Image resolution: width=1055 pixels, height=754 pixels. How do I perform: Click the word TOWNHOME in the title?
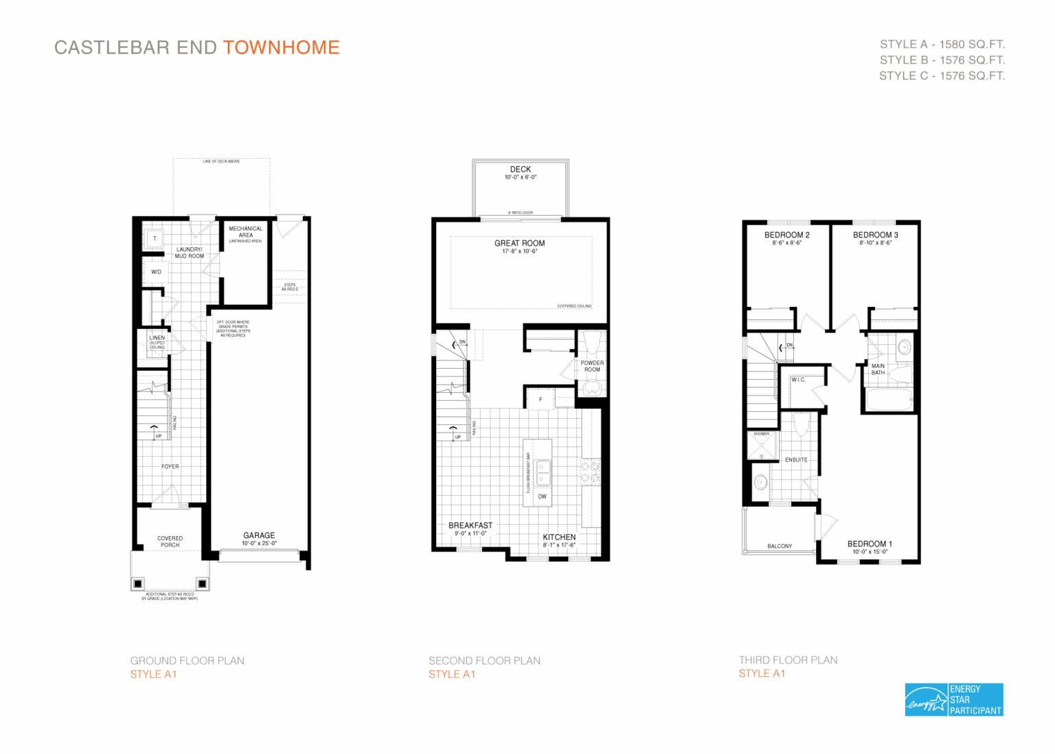[281, 47]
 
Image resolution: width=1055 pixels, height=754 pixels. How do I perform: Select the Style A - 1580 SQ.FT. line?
[942, 44]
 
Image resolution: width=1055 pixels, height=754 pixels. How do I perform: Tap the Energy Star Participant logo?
[953, 700]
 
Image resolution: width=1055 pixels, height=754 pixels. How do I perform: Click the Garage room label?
[259, 536]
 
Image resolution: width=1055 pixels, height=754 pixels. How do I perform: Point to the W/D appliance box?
[156, 272]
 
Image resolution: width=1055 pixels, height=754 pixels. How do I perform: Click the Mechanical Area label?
[245, 232]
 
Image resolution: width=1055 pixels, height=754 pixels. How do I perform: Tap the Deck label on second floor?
[520, 169]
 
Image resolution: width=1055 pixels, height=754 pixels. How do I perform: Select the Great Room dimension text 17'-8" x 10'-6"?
[519, 251]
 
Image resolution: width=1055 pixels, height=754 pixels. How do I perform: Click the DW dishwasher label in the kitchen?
[542, 496]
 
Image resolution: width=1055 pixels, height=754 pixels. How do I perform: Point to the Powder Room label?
[592, 366]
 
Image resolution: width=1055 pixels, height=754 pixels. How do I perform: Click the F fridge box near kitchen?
[541, 399]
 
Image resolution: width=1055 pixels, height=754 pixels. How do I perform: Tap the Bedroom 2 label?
[786, 235]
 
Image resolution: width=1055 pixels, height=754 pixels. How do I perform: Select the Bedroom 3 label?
[875, 235]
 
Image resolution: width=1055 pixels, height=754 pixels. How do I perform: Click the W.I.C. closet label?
[797, 380]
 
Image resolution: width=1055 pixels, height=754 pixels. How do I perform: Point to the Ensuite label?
[796, 460]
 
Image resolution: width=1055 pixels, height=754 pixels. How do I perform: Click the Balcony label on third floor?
[780, 546]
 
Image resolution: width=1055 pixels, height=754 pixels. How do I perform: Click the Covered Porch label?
[170, 541]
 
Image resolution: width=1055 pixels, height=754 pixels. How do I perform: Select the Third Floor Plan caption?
[788, 660]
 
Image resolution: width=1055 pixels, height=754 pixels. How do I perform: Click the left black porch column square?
[138, 584]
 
